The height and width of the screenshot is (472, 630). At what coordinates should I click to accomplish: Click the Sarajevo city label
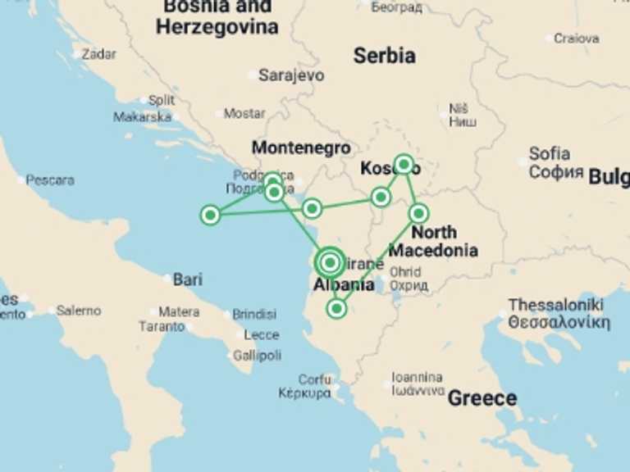291,75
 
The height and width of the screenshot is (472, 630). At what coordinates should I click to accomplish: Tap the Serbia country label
384,56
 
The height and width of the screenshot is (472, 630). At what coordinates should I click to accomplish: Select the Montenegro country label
301,148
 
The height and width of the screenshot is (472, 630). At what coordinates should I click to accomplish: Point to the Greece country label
482,399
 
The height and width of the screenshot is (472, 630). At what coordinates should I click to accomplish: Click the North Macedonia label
434,242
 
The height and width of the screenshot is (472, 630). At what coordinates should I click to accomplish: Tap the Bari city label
187,280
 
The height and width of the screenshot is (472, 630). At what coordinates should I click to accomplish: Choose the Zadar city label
98,54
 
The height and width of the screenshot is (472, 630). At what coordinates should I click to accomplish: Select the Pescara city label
49,179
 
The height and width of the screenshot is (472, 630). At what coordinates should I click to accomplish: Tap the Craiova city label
576,38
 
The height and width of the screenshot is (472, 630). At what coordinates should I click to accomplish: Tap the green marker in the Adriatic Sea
211,216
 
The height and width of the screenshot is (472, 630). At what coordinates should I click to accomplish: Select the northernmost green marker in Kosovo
404,164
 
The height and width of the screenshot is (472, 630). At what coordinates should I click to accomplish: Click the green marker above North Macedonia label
419,214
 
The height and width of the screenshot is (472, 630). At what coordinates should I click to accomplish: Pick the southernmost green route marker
336,309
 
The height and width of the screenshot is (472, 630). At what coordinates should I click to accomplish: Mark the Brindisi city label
254,314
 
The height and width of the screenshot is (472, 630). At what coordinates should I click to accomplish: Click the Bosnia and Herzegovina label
217,17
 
